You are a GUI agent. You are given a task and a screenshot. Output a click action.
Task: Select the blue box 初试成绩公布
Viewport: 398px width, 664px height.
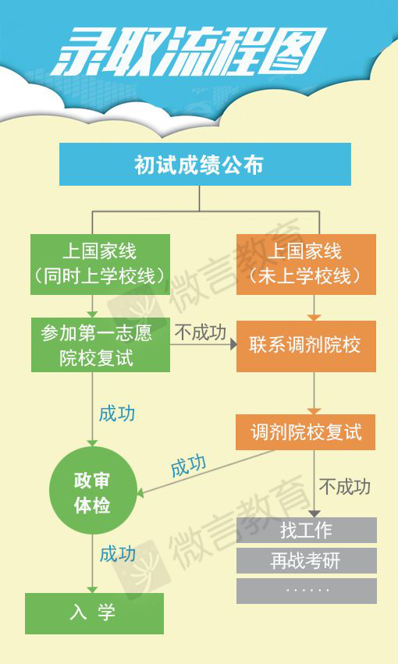(205, 165)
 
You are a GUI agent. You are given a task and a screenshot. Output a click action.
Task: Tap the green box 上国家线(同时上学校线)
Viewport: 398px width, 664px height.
(101, 265)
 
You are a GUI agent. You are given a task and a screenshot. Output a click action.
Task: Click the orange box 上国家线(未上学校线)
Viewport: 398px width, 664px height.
(306, 265)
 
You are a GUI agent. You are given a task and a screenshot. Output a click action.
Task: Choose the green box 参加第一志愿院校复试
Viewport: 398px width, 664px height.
(101, 345)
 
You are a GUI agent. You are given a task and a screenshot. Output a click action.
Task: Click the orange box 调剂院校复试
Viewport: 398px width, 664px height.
(306, 432)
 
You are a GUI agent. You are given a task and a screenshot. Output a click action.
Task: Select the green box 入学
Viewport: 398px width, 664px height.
(94, 613)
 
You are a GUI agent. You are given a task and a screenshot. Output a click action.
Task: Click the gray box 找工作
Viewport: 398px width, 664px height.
(307, 530)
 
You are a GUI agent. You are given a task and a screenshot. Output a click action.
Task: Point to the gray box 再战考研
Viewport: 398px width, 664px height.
(307, 561)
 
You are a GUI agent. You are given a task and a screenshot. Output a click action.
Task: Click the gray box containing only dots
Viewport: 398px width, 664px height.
(307, 591)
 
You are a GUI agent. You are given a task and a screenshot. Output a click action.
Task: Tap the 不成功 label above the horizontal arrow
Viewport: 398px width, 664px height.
(201, 332)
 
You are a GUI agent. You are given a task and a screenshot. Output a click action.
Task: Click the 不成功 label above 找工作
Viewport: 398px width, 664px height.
(345, 487)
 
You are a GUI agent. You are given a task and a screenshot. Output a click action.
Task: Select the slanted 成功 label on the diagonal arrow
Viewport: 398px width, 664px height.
(188, 466)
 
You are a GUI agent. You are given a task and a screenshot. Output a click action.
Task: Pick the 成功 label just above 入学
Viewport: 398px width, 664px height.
(117, 554)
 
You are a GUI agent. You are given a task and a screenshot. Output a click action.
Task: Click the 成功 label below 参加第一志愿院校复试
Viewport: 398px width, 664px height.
(117, 414)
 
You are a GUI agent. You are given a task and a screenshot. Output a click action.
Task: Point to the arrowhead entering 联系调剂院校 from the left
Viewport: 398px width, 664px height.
(233, 344)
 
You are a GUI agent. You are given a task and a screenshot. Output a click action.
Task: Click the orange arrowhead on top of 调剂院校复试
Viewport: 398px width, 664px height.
(314, 411)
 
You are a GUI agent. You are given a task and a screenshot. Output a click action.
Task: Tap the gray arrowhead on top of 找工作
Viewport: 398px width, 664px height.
(314, 514)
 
